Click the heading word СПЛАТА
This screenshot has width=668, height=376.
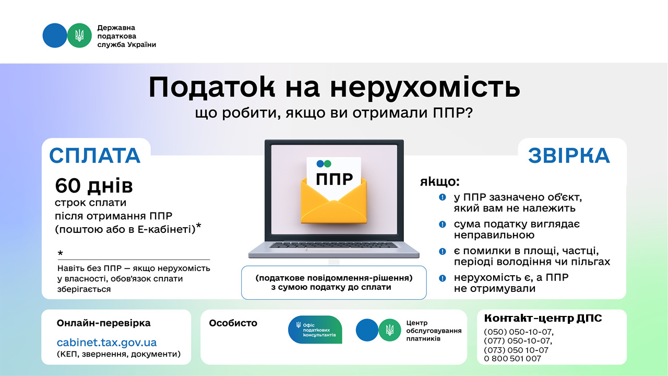(95, 156)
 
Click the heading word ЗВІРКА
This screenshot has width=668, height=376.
(569, 156)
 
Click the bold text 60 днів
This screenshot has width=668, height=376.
(94, 185)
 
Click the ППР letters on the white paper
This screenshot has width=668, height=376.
(334, 179)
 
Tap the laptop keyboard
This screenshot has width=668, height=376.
(334, 245)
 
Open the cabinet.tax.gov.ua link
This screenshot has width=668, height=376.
(106, 343)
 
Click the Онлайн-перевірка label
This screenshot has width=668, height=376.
(103, 323)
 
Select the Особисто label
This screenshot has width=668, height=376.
(233, 323)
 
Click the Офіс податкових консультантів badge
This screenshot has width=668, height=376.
(315, 330)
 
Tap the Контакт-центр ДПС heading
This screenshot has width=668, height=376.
(543, 319)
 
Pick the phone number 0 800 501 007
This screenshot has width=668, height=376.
(512, 359)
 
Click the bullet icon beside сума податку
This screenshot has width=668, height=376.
(443, 224)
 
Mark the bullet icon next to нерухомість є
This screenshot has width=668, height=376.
(443, 278)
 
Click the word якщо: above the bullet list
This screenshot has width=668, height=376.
(440, 182)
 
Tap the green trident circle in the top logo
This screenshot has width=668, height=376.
(79, 36)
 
